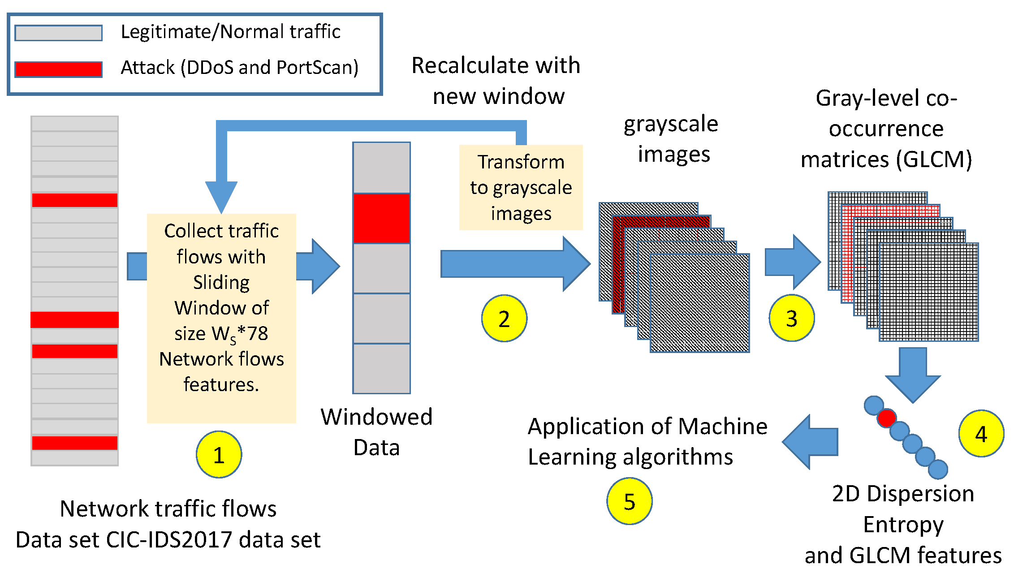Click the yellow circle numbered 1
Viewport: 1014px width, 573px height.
tap(219, 454)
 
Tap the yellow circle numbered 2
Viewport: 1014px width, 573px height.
tap(504, 318)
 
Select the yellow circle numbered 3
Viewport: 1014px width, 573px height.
tap(791, 318)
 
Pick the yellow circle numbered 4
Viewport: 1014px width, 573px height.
tap(981, 433)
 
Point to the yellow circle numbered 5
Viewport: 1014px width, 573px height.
tap(629, 501)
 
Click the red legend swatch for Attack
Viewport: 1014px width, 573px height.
tap(58, 69)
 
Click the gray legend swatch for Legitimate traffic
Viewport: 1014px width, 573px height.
tap(58, 33)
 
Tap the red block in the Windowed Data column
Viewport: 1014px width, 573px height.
tap(381, 218)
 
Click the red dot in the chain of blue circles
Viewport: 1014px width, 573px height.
tap(886, 418)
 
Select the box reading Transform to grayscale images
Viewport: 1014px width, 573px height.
tap(521, 187)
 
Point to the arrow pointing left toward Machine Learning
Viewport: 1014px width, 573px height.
tap(810, 442)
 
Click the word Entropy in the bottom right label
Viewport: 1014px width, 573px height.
tap(903, 524)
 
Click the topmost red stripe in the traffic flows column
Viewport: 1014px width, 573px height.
tap(74, 200)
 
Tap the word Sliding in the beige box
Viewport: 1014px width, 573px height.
tap(221, 282)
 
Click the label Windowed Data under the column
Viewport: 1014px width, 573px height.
tap(376, 432)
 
